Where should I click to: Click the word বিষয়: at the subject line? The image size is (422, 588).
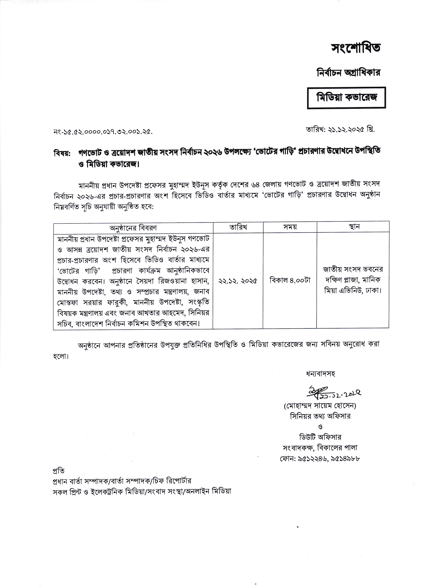tap(62, 153)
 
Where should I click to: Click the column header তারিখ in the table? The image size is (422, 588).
tap(238, 227)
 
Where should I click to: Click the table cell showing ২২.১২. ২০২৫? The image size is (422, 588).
tap(238, 281)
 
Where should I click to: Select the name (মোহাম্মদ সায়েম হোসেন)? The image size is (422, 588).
tap(320, 406)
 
